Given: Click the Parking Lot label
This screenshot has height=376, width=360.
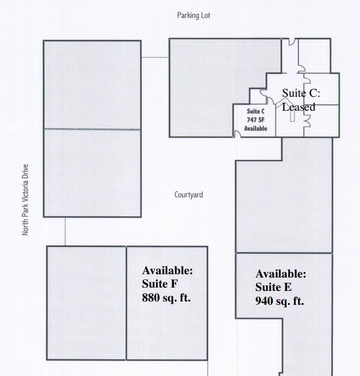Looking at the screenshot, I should [193, 16].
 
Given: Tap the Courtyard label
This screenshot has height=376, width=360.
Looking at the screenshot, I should [188, 195].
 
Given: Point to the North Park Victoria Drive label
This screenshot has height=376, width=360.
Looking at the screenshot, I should [26, 199].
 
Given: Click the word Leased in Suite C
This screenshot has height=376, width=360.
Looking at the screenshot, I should [299, 107].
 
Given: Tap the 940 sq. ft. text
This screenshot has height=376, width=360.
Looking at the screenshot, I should [279, 301].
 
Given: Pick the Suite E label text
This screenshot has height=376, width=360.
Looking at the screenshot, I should [273, 288].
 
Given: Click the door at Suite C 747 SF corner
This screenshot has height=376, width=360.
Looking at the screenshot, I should [237, 132].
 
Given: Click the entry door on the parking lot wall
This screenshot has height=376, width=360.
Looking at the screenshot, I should [293, 43].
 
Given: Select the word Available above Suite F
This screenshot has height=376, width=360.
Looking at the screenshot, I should [167, 270].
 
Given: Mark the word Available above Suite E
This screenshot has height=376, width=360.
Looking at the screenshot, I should [281, 274].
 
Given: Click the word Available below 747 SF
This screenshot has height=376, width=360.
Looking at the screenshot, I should [256, 128].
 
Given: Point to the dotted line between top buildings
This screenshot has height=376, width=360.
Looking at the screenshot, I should [155, 57].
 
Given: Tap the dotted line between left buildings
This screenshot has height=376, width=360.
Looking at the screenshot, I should [65, 231].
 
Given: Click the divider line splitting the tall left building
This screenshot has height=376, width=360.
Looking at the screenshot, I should [92, 129].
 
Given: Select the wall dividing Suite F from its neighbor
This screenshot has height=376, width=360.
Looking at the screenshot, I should [126, 303].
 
